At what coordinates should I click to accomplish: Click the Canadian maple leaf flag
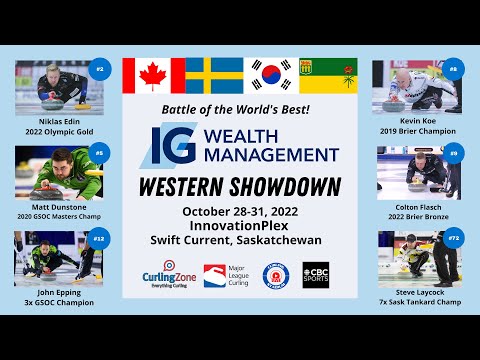[153, 75]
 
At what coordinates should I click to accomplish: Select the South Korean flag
[271, 75]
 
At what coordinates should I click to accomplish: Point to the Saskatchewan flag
[328, 75]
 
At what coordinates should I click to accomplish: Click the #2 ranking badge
[98, 69]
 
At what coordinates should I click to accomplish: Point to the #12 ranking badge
[98, 239]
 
